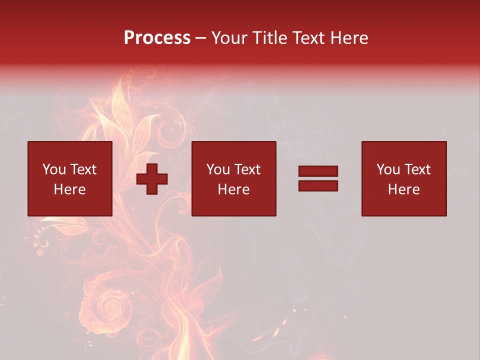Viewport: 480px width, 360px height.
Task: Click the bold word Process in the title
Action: (x=157, y=38)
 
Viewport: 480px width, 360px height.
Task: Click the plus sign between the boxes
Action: (x=152, y=179)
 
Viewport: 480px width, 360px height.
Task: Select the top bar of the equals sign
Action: (x=318, y=171)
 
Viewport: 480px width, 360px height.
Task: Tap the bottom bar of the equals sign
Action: (x=318, y=186)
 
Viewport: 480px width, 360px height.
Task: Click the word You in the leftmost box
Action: (x=54, y=169)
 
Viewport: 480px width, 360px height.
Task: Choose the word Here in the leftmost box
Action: (x=69, y=189)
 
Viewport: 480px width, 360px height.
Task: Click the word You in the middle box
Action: (x=218, y=169)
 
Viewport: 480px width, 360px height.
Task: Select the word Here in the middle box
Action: (x=233, y=189)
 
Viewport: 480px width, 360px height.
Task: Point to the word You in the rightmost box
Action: (x=388, y=169)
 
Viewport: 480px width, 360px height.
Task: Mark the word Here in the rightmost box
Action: (x=403, y=189)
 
